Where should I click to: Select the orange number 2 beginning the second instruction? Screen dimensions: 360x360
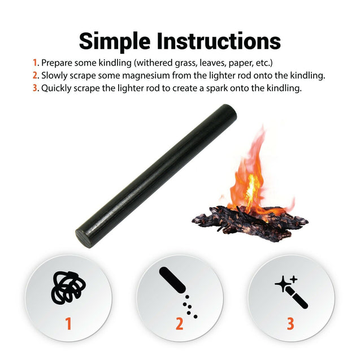[35, 75]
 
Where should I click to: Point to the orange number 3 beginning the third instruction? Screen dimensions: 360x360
[35, 88]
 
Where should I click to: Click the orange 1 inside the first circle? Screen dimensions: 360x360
[68, 324]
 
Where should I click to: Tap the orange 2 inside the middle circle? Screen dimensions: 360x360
[179, 324]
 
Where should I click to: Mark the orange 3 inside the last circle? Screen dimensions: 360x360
[290, 324]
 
